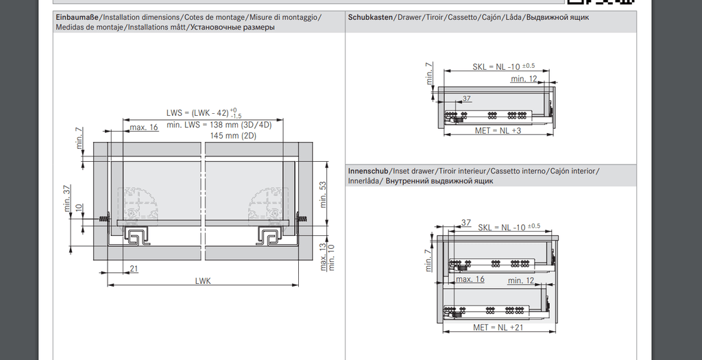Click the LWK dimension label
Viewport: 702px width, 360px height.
[x=203, y=280]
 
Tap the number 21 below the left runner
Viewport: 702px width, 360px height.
[x=133, y=267]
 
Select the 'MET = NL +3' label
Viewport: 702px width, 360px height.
[x=498, y=130]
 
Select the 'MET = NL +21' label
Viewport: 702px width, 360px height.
[x=498, y=327]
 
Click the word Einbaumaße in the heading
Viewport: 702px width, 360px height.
[x=77, y=16]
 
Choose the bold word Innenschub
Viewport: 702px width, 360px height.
[x=369, y=170]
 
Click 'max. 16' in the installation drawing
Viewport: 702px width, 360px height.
[x=144, y=127]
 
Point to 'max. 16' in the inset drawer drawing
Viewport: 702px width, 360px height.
[x=470, y=279]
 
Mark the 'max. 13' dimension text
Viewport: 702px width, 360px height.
[x=323, y=257]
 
